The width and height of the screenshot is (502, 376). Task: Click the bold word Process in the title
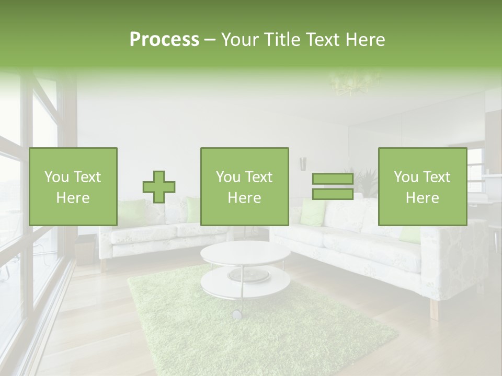coord(164,39)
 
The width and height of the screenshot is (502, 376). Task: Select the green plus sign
coord(159,187)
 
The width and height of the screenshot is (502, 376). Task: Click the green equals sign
coord(333,187)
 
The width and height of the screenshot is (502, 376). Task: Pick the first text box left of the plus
coord(73,187)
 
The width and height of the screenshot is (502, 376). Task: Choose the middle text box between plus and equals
coord(244,187)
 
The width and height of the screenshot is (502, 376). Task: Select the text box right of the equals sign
coord(422,187)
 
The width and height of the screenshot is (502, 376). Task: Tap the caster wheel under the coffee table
coord(237,314)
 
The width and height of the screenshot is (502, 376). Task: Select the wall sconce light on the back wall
coord(302,163)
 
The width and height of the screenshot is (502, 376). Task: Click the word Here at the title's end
coord(366,39)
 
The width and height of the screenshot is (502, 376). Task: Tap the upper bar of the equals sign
coord(333,180)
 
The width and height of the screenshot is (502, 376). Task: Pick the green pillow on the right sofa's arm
coord(410,234)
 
